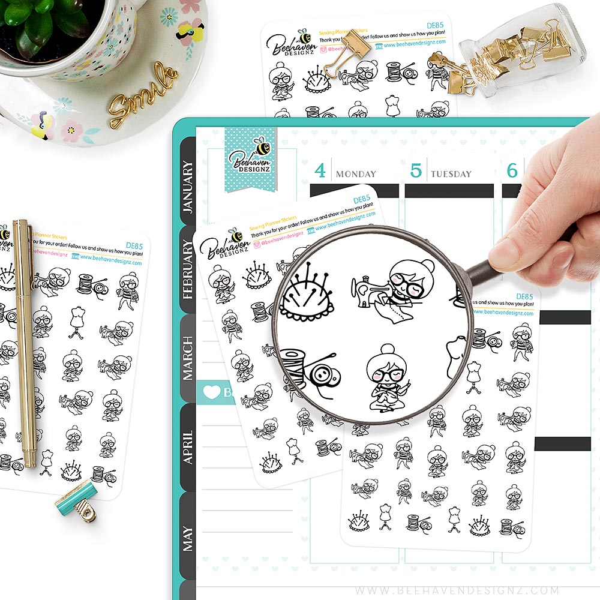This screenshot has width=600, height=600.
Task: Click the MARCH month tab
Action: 188,358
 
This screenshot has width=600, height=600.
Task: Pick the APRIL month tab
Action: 188,447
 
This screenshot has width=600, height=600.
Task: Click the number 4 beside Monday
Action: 320,171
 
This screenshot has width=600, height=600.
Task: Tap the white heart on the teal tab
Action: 211,392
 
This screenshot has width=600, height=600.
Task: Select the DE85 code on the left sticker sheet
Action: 134,245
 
